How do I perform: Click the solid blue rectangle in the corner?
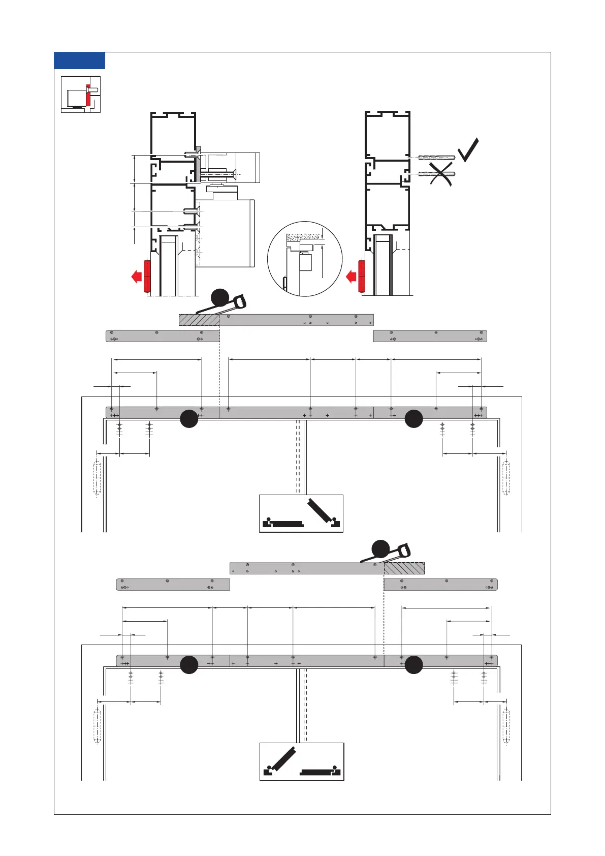(79, 60)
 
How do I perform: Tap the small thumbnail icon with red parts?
(81, 94)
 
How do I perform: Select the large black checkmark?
(468, 149)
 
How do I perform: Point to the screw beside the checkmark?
(437, 158)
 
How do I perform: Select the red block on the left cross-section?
(147, 276)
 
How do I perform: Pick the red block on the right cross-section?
(362, 276)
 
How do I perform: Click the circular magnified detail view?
(305, 259)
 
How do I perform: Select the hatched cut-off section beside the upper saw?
(199, 320)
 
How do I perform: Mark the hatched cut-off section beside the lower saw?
(404, 568)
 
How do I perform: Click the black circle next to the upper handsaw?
(220, 297)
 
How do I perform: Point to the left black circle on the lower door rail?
(189, 665)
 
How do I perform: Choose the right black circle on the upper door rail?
(414, 418)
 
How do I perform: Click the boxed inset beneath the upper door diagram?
(301, 513)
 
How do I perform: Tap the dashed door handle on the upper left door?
(97, 478)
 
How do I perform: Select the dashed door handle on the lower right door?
(506, 726)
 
